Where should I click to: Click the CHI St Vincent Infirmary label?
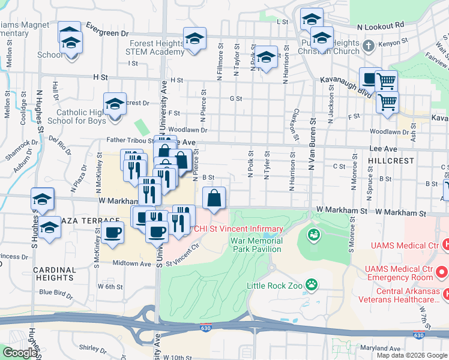[237, 229]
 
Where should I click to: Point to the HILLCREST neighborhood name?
[393, 161]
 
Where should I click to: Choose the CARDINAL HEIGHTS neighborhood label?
[54, 273]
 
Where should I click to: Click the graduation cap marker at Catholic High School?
[115, 104]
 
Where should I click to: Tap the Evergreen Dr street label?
[107, 26]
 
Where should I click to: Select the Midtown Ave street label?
[132, 263]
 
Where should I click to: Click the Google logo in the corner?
[20, 353]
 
